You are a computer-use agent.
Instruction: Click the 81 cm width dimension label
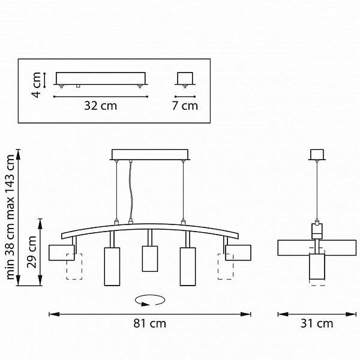click(149, 323)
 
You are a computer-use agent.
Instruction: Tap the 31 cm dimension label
click(317, 323)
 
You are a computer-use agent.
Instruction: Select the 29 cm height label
click(32, 252)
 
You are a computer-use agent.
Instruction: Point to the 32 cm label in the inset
click(101, 106)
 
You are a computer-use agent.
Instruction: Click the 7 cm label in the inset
click(185, 106)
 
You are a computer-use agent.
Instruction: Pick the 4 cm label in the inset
click(36, 85)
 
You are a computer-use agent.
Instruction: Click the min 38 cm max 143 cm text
click(10, 217)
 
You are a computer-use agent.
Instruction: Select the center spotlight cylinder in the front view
click(150, 259)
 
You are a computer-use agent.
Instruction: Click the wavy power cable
click(131, 191)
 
